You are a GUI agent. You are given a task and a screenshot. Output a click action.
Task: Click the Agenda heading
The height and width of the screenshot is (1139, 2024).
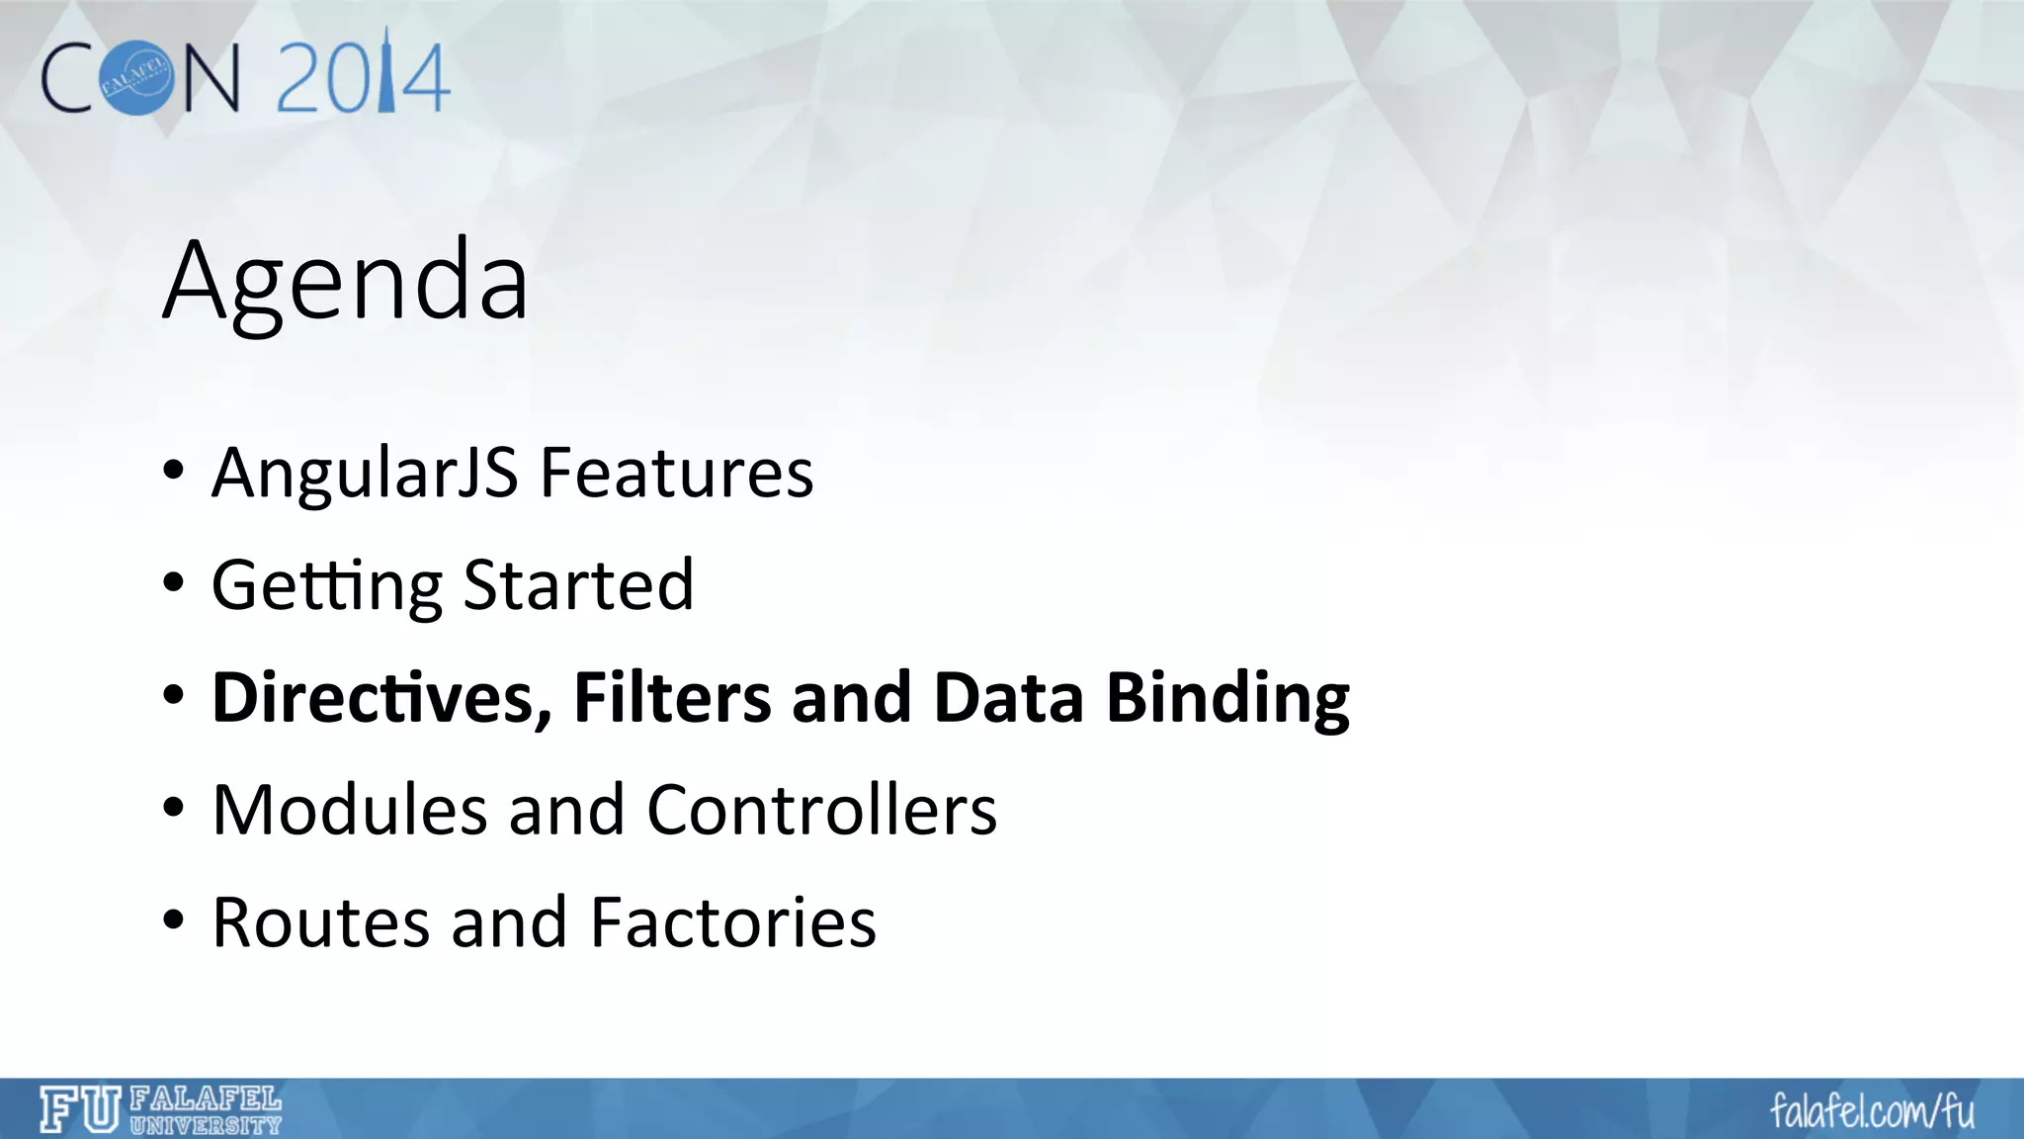click(x=346, y=282)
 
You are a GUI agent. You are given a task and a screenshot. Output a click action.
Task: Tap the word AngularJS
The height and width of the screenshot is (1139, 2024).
click(x=365, y=473)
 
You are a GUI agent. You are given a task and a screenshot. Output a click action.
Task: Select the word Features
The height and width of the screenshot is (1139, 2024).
click(x=677, y=473)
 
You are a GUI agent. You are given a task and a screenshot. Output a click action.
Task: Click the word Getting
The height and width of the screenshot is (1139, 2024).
click(x=327, y=586)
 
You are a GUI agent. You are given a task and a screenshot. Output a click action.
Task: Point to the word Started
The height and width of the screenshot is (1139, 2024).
click(x=579, y=584)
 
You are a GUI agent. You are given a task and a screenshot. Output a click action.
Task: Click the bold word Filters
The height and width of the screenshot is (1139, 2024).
click(x=673, y=698)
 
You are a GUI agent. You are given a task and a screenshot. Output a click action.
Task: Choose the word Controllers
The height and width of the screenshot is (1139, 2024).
click(x=822, y=810)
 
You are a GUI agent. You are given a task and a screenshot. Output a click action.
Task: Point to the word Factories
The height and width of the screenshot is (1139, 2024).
click(x=733, y=922)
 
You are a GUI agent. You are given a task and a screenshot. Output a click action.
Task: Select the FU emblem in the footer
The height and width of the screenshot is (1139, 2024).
click(x=80, y=1109)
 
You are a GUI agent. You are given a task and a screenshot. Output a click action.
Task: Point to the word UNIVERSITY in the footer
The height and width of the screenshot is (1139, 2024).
click(x=206, y=1125)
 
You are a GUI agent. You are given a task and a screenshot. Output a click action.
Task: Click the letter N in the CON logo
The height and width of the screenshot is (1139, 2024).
click(x=210, y=78)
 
